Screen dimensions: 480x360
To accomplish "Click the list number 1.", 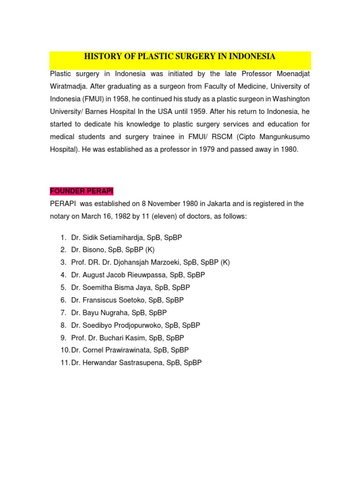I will pos(63,238).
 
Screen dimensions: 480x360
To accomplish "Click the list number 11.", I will pos(64,363).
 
